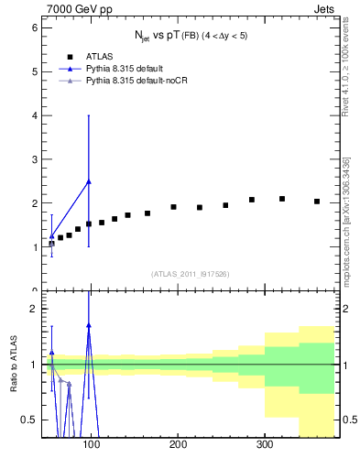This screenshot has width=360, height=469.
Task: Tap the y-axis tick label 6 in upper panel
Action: (33, 28)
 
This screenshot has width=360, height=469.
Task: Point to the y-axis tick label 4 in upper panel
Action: (33, 116)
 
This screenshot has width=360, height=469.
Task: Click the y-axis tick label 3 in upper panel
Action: (33, 160)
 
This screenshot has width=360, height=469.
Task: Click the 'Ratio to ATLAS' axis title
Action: (12, 365)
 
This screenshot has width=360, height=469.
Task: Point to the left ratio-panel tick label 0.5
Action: (28, 420)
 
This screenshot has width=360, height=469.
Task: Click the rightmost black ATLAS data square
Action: (317, 202)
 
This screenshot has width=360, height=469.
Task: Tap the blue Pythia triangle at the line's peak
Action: (89, 181)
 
